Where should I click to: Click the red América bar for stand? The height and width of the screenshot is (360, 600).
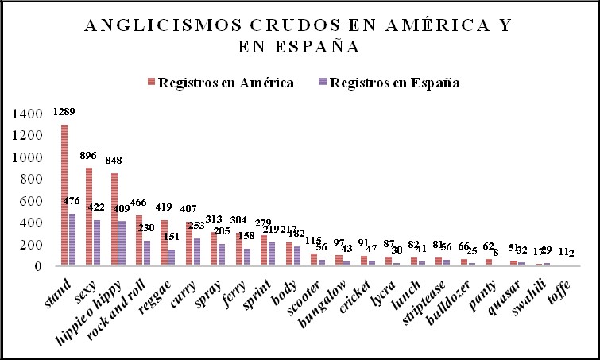pos(64,195)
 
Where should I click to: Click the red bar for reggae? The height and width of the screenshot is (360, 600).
pos(164,242)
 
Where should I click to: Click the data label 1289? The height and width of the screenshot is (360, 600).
pos(64,112)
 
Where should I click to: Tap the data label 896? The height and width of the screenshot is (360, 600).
pos(89,156)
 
